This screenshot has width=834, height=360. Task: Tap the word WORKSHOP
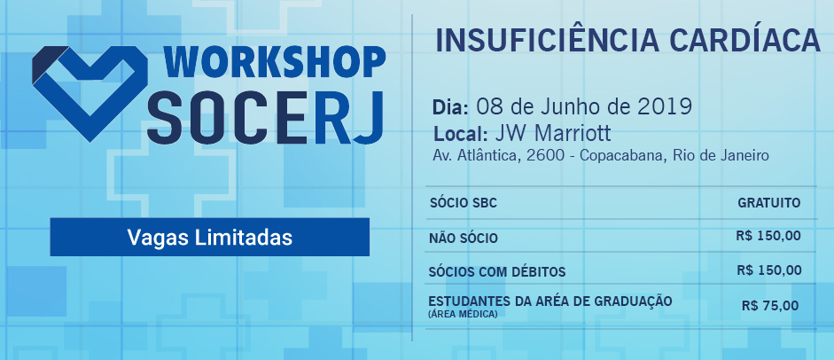pyautogui.click(x=274, y=63)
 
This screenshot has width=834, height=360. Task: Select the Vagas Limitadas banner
pyautogui.click(x=209, y=237)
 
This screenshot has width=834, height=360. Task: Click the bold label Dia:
pyautogui.click(x=450, y=108)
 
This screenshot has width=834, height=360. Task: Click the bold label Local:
pyautogui.click(x=461, y=133)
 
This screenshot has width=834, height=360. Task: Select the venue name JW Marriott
pyautogui.click(x=553, y=133)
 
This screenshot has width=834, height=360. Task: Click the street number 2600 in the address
pyautogui.click(x=544, y=156)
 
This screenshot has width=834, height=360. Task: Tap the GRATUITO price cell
pyautogui.click(x=769, y=202)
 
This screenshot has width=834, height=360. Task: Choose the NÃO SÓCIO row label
pyautogui.click(x=464, y=239)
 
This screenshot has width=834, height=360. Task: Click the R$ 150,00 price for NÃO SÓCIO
pyautogui.click(x=768, y=236)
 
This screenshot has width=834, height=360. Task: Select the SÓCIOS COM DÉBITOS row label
pyautogui.click(x=497, y=272)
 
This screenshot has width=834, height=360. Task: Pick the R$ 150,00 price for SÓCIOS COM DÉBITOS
pyautogui.click(x=769, y=270)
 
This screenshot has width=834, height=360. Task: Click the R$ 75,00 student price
pyautogui.click(x=770, y=306)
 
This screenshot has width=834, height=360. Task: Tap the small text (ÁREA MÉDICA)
pyautogui.click(x=463, y=314)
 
